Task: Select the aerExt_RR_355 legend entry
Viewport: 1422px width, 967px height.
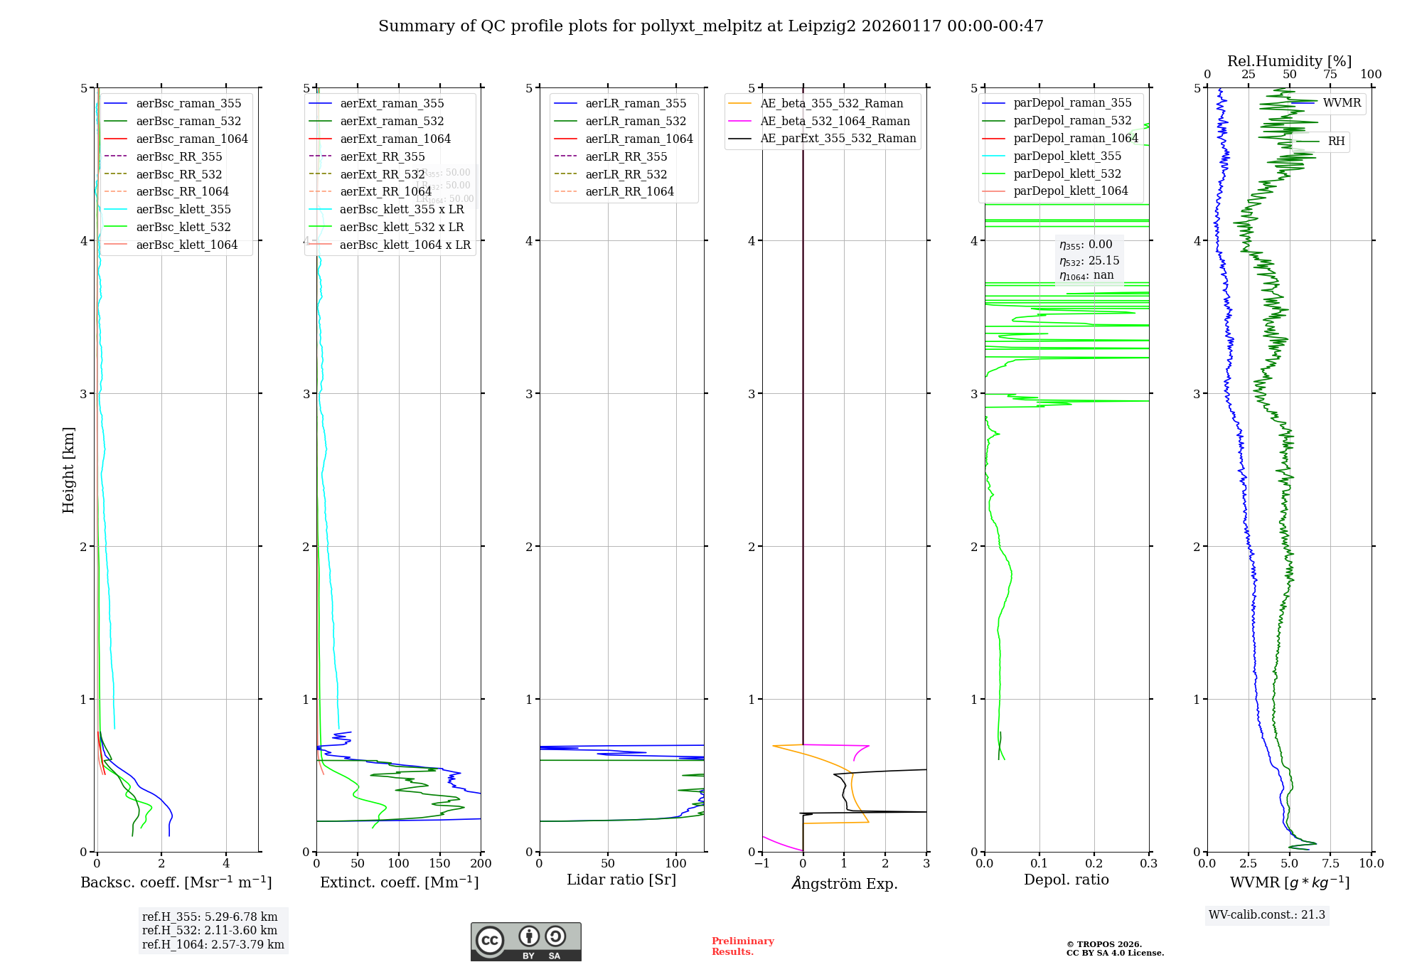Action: point(382,156)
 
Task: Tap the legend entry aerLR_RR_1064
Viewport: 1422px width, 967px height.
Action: point(629,191)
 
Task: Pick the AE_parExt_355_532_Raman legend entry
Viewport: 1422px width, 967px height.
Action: point(838,138)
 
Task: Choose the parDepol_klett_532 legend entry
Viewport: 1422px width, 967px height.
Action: point(1066,173)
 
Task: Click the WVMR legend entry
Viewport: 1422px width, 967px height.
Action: point(1342,103)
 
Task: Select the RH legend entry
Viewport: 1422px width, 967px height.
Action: point(1336,141)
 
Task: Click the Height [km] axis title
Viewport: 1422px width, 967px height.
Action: point(68,470)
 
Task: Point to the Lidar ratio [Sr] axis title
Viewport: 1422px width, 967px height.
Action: point(621,880)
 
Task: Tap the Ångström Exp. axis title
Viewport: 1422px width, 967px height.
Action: point(844,883)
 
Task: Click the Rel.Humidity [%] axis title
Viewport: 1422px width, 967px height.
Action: point(1289,61)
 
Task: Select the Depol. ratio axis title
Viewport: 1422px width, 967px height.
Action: point(1066,880)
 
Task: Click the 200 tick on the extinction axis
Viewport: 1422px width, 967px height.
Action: point(481,864)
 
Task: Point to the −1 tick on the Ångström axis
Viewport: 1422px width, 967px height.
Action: point(762,864)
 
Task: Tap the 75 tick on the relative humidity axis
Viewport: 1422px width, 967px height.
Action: point(1330,75)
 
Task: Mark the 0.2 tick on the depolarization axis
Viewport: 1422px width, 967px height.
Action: point(1094,864)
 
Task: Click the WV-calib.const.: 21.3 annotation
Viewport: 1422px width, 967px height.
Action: point(1266,915)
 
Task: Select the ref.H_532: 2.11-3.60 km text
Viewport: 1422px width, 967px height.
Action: point(210,930)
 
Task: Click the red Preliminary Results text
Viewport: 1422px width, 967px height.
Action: point(742,946)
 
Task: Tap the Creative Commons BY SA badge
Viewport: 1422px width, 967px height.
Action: point(525,942)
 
